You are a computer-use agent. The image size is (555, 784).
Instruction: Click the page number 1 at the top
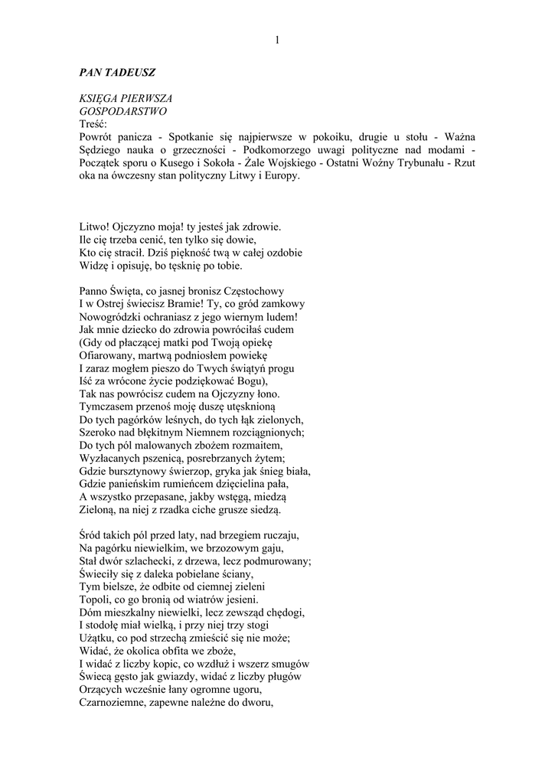tap(277, 40)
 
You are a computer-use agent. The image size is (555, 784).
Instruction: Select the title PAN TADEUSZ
tap(117, 73)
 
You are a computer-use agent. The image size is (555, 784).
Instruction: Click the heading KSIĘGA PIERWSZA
tap(126, 99)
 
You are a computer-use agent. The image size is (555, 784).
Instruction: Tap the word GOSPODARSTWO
tap(122, 110)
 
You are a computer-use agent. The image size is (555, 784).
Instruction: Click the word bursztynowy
tap(146, 471)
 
